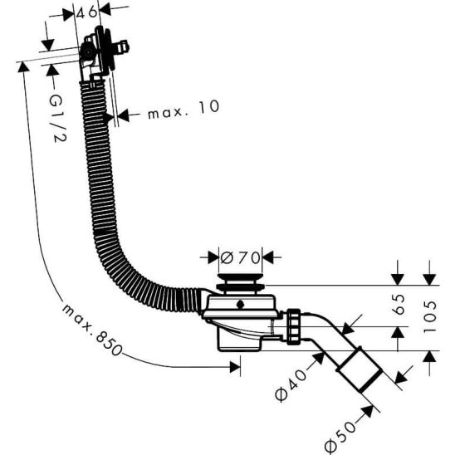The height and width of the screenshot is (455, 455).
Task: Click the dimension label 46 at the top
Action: [86, 12]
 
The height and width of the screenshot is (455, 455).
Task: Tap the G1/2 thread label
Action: [57, 119]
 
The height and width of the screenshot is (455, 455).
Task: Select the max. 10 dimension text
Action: [183, 110]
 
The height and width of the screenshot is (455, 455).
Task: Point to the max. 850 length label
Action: [91, 330]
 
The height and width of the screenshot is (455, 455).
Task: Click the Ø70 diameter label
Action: [240, 257]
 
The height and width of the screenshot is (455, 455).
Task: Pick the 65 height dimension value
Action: [399, 305]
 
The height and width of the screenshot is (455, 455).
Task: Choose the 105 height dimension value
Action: [430, 316]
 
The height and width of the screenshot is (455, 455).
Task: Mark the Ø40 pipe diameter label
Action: [291, 385]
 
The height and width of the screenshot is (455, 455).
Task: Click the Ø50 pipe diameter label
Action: [340, 438]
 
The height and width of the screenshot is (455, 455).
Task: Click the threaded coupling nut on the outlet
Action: [294, 326]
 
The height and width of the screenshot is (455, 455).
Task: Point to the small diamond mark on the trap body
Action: [240, 305]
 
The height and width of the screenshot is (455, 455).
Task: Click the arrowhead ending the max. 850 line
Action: [235, 367]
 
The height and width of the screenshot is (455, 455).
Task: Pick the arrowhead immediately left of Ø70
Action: [213, 257]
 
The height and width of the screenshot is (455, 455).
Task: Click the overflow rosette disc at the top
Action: [105, 49]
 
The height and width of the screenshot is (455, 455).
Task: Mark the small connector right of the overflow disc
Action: [122, 47]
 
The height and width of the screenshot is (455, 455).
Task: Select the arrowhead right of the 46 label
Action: [105, 9]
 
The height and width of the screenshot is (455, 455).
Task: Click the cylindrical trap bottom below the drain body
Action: [240, 343]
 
